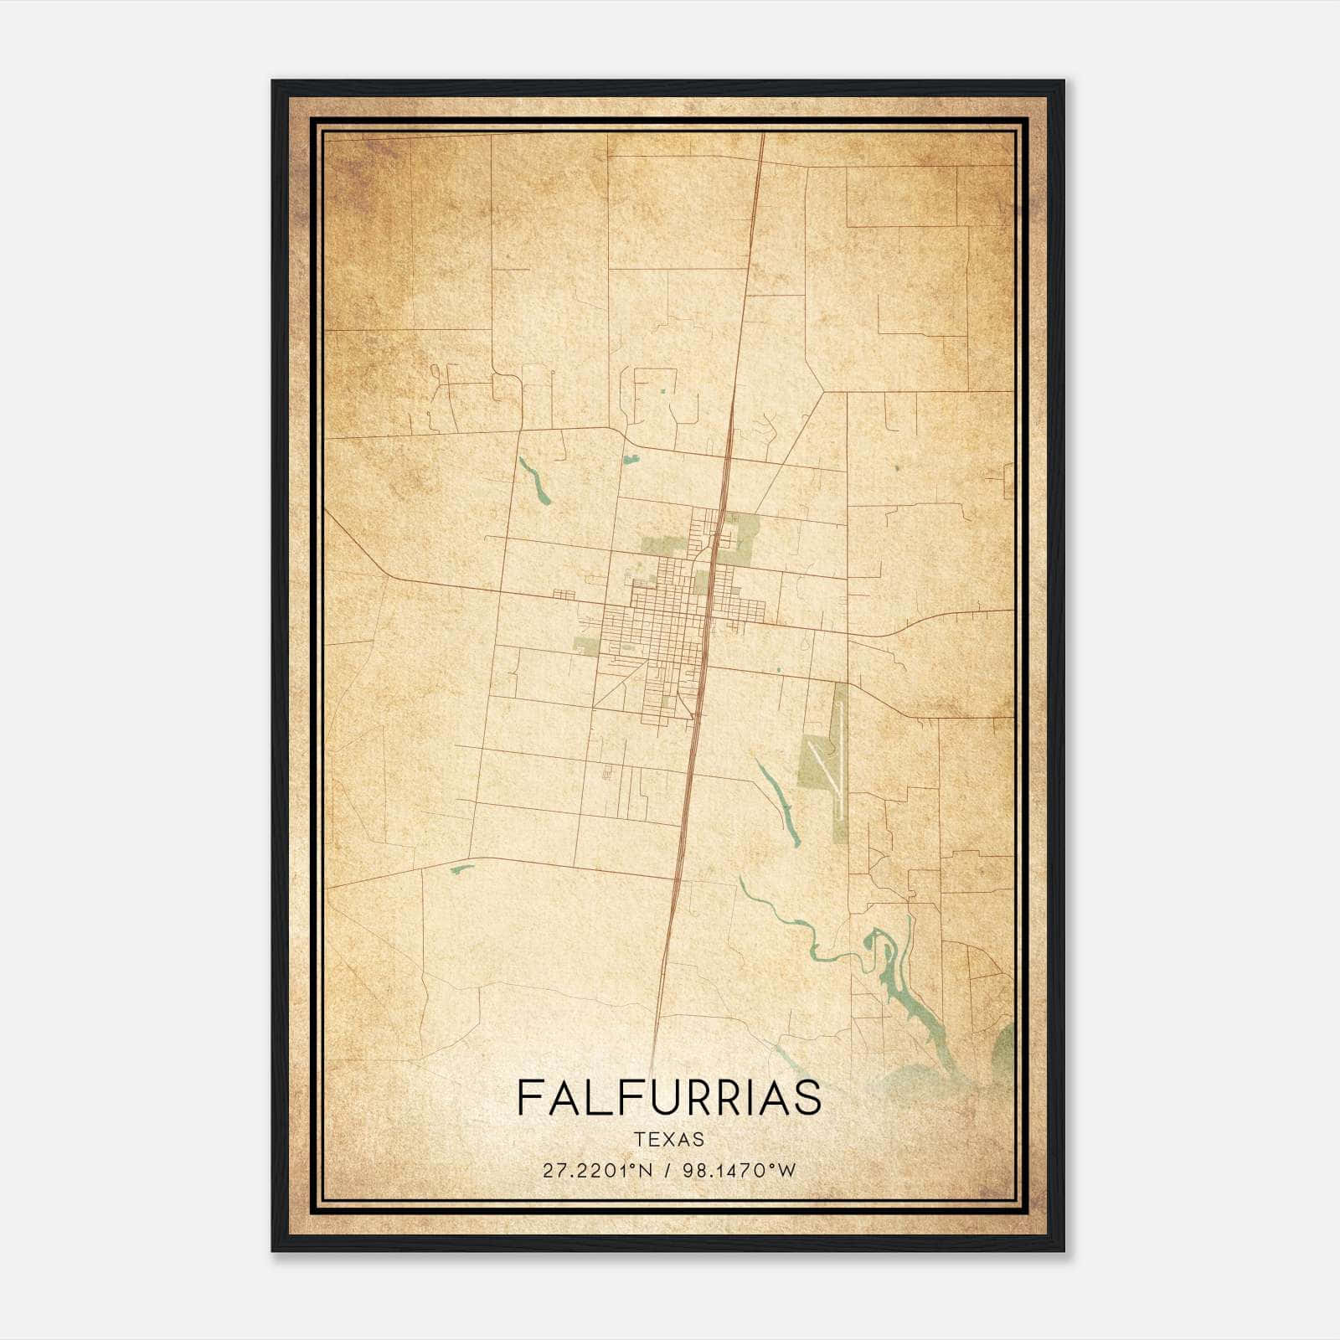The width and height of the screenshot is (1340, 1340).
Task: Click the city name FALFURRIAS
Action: tap(669, 1097)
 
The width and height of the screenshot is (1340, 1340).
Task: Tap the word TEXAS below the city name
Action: tap(669, 1139)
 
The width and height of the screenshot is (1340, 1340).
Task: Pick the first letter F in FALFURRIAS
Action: tap(528, 1097)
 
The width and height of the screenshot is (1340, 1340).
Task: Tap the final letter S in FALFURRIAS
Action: tap(808, 1097)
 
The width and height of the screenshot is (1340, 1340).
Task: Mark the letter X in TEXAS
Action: tap(669, 1139)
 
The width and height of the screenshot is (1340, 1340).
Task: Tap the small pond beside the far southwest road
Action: tap(461, 868)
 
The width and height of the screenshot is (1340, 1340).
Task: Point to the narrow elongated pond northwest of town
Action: tap(533, 480)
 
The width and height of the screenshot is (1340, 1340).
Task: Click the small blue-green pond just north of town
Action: tap(631, 459)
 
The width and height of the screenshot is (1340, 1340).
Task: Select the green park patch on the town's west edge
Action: tap(585, 645)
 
